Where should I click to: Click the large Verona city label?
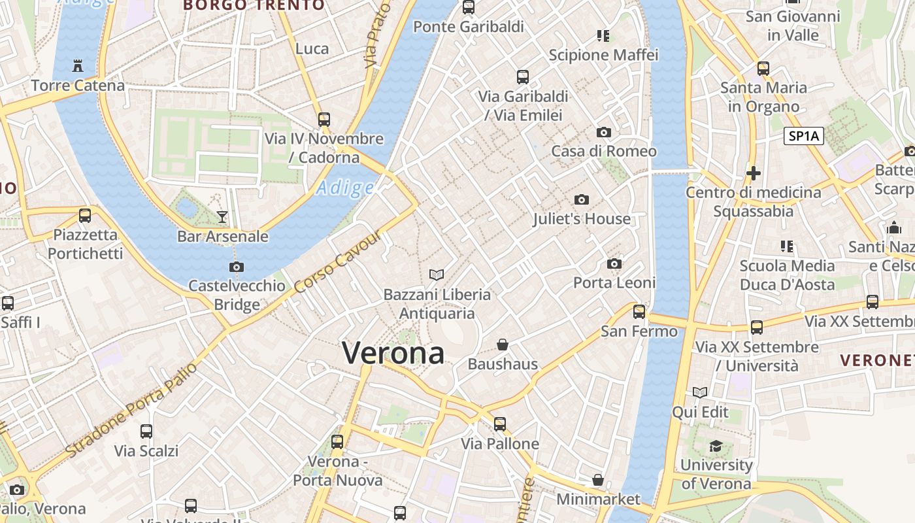[393, 354]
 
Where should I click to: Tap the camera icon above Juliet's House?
[582, 200]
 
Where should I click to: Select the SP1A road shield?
[803, 136]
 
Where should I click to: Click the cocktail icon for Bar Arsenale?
[222, 216]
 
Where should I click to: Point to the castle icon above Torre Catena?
[78, 65]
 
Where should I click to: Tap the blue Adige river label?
[344, 189]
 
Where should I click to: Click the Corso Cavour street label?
[337, 262]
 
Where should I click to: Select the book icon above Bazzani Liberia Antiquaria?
[437, 275]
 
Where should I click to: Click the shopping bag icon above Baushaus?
[503, 345]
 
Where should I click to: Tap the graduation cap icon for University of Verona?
[716, 446]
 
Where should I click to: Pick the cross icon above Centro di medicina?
[753, 173]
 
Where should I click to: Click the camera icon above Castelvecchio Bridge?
[237, 267]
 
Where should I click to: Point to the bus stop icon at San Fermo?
[639, 312]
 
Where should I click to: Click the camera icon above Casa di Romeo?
[604, 132]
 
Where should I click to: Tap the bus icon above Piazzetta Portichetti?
[85, 215]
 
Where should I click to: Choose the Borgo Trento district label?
[254, 5]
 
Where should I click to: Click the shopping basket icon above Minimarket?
[598, 481]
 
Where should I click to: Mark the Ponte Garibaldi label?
[469, 27]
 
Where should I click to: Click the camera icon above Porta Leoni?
[614, 264]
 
